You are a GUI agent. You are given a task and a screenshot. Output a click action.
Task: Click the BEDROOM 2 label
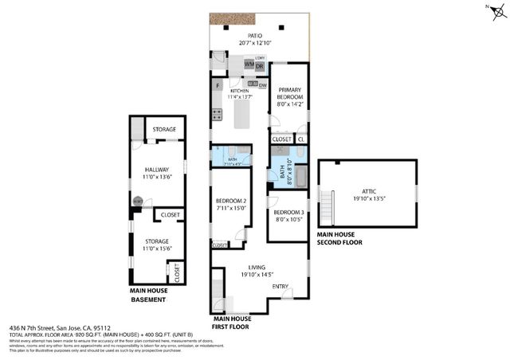pos(230,201)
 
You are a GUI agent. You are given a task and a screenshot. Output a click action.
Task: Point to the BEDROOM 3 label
pos(288,212)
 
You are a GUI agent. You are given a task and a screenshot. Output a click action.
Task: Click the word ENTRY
pos(280,287)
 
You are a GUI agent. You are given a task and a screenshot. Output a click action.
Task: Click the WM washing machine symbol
pos(237,64)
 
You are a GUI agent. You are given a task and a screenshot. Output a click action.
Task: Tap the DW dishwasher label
pos(262,84)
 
